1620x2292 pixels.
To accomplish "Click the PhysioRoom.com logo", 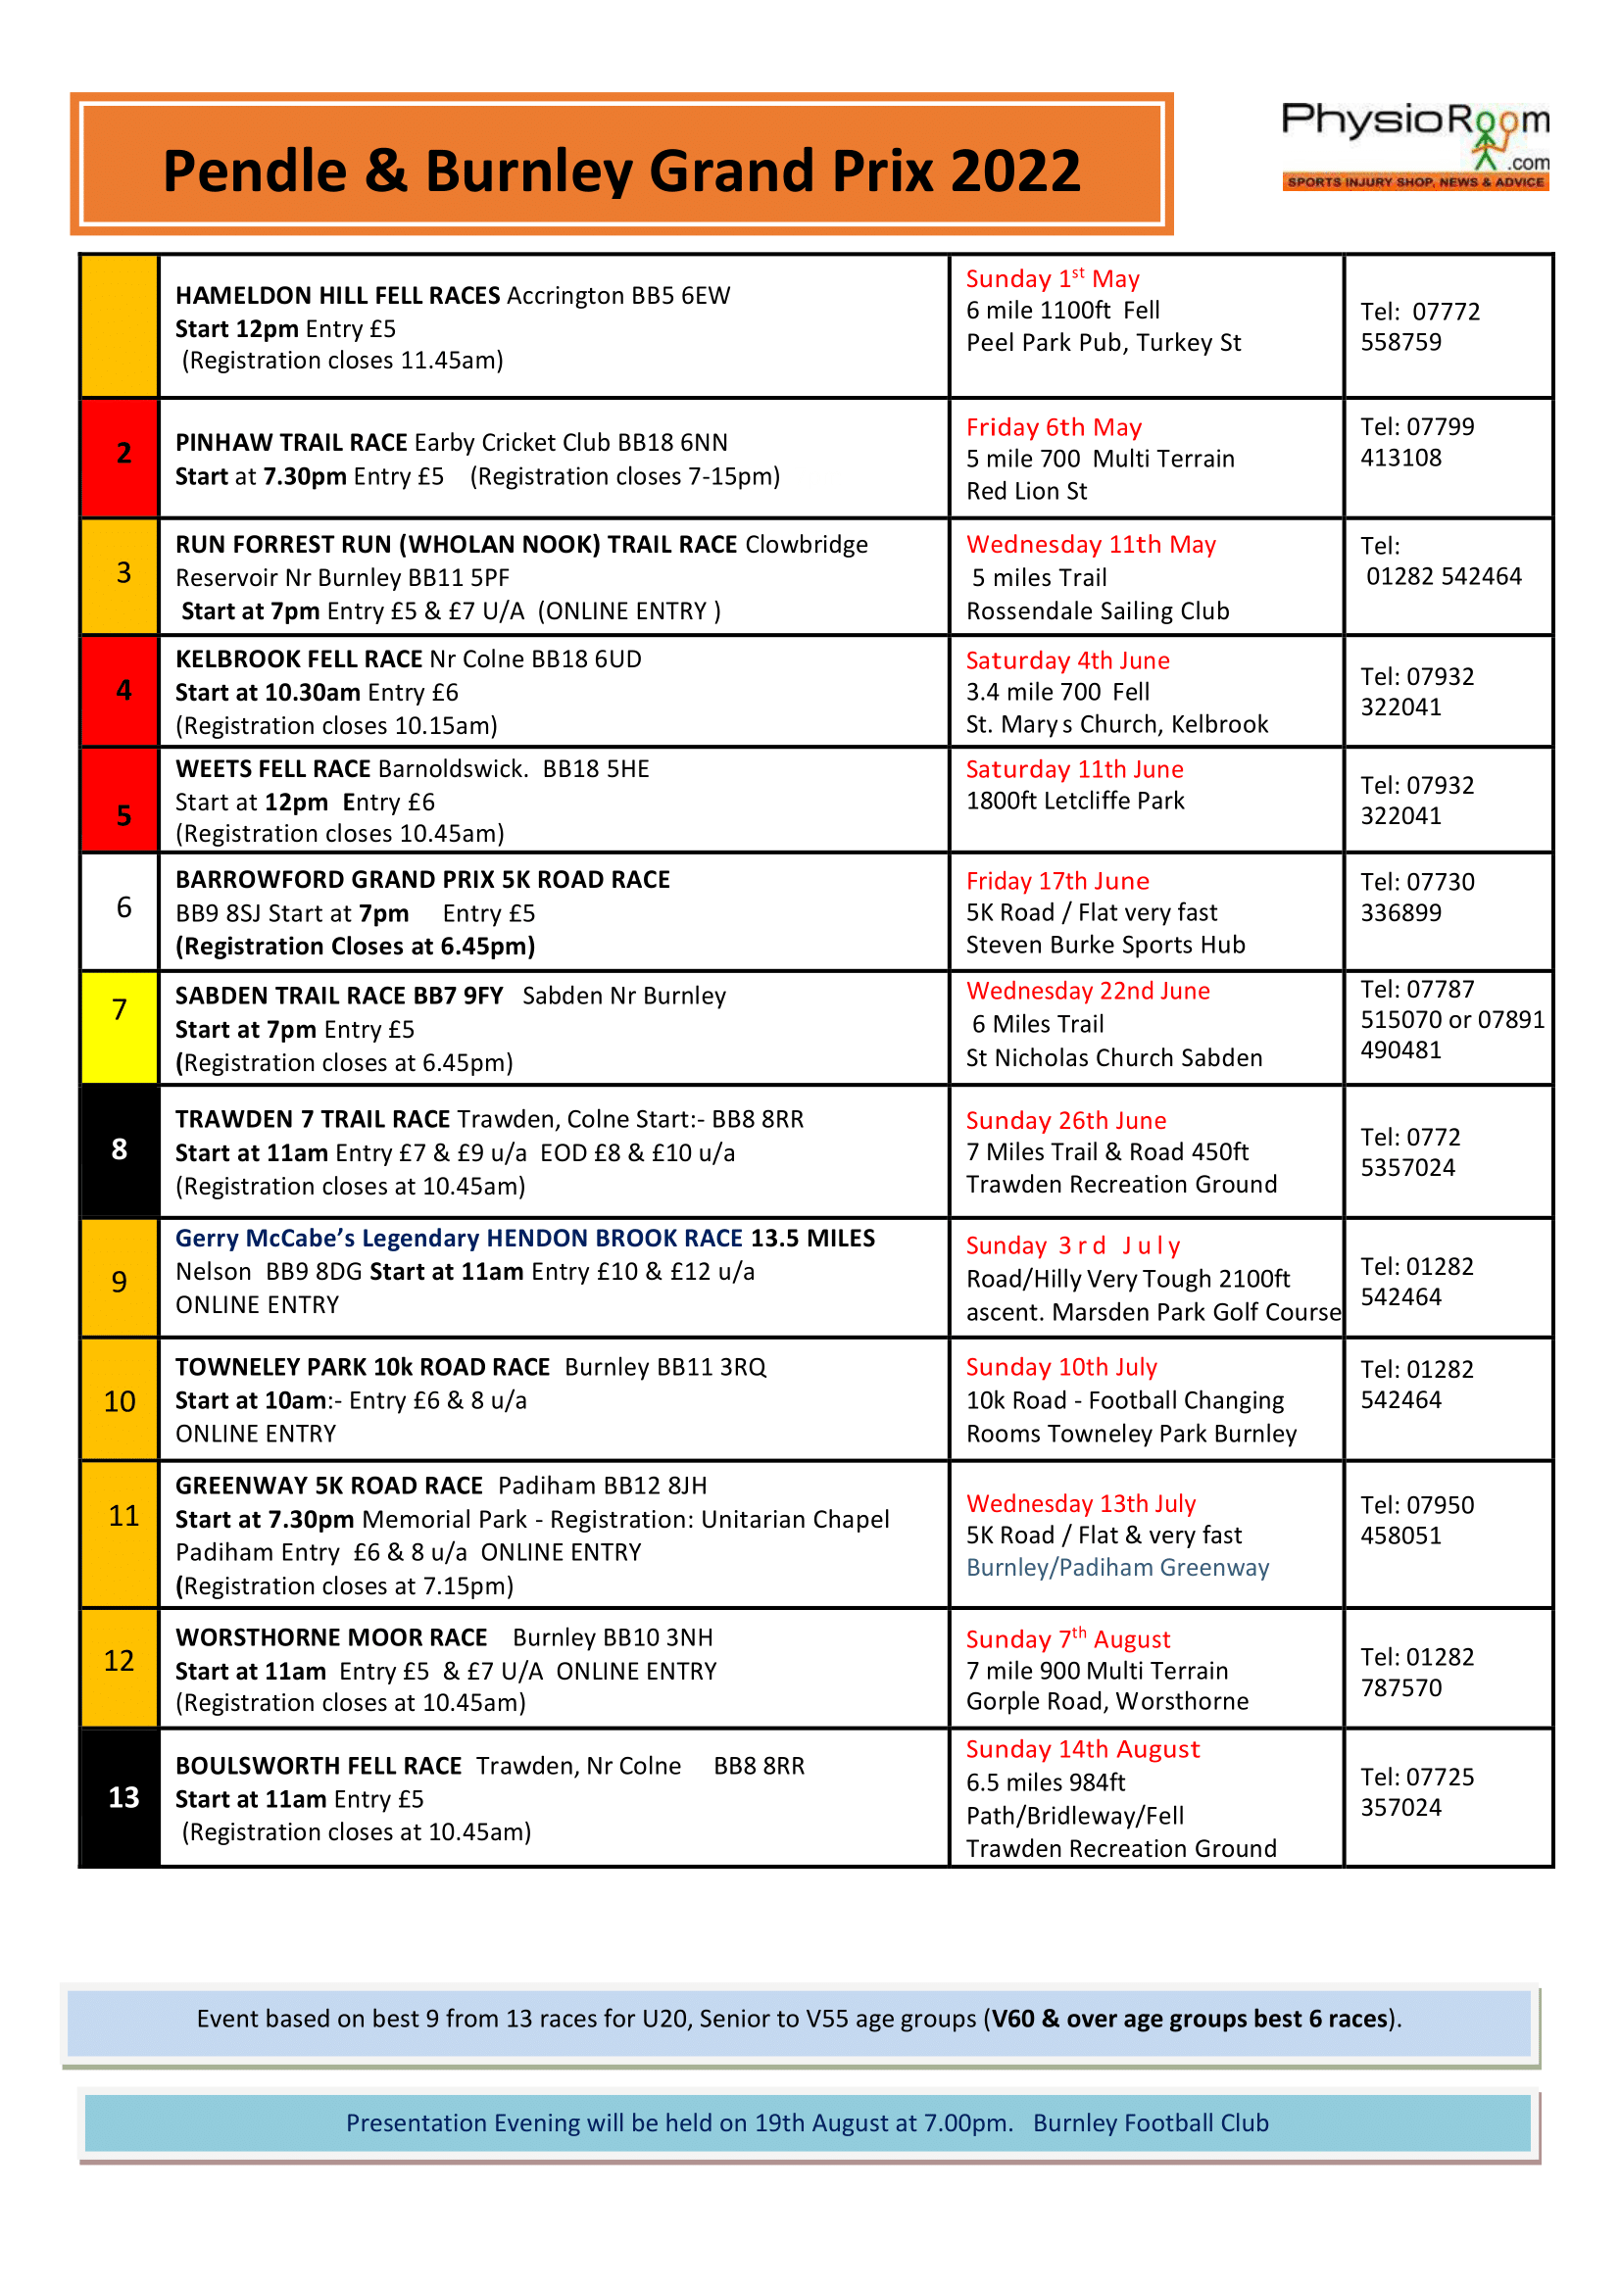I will pyautogui.click(x=1414, y=146).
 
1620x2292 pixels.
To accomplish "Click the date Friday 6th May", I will pyautogui.click(x=1054, y=427).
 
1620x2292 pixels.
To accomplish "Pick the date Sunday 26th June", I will pyautogui.click(x=1065, y=1120).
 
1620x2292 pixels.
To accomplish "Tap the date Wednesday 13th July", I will pyautogui.click(x=1080, y=1503).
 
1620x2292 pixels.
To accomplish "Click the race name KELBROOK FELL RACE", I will pyautogui.click(x=299, y=659).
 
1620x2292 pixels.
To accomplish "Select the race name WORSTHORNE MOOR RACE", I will pyautogui.click(x=331, y=1638).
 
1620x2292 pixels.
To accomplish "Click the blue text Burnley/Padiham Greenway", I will pyautogui.click(x=1117, y=1567).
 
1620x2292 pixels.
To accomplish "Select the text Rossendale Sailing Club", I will pyautogui.click(x=1097, y=610).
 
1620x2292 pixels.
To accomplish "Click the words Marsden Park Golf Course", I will pyautogui.click(x=1196, y=1312).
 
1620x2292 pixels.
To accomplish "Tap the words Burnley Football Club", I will pyautogui.click(x=1150, y=2122).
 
